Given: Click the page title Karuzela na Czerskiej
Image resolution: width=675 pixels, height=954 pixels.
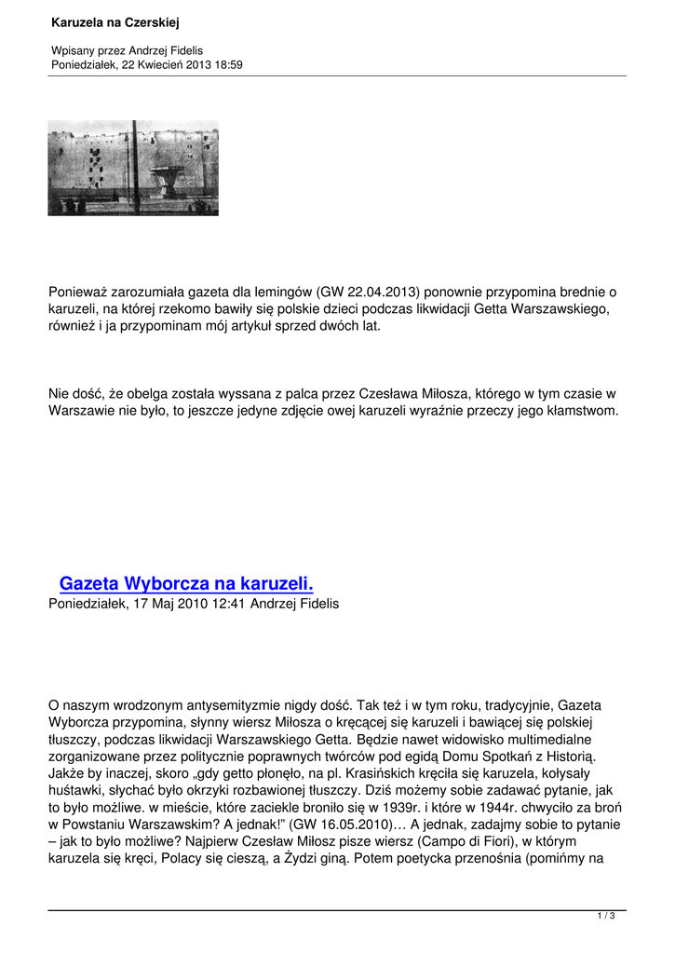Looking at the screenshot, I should (x=115, y=21).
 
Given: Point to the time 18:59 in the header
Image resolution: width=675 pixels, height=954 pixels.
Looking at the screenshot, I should (x=226, y=64).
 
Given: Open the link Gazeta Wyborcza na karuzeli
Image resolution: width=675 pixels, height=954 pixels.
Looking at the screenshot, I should (x=186, y=584).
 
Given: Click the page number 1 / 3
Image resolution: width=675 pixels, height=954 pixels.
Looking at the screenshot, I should (x=606, y=917).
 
